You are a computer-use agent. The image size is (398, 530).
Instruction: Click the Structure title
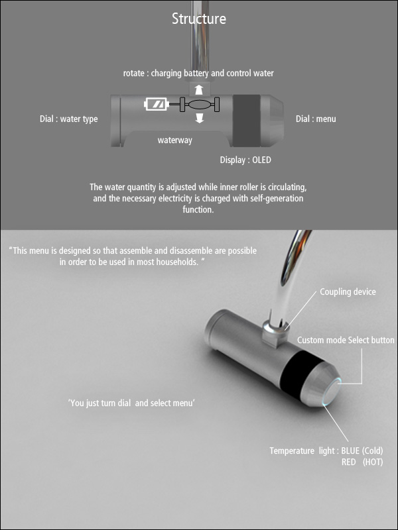198,19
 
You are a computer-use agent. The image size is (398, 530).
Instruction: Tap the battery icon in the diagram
156,104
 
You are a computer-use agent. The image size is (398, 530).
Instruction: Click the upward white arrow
200,90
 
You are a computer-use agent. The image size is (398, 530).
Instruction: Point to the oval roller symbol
200,105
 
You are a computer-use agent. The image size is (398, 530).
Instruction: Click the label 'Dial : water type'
69,119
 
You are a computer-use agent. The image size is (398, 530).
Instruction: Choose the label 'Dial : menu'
316,119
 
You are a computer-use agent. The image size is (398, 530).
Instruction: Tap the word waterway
174,140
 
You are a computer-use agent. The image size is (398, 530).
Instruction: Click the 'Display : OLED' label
245,160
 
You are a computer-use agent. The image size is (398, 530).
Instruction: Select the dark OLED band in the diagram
246,121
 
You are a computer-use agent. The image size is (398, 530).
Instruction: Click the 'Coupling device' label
348,291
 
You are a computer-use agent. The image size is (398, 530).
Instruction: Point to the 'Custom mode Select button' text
346,340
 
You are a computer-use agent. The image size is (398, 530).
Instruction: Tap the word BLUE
350,450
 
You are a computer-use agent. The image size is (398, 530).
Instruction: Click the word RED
348,462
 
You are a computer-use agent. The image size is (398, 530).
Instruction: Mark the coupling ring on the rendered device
275,327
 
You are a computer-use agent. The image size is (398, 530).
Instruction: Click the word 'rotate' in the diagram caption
133,73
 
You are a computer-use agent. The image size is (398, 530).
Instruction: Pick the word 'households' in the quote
177,262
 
